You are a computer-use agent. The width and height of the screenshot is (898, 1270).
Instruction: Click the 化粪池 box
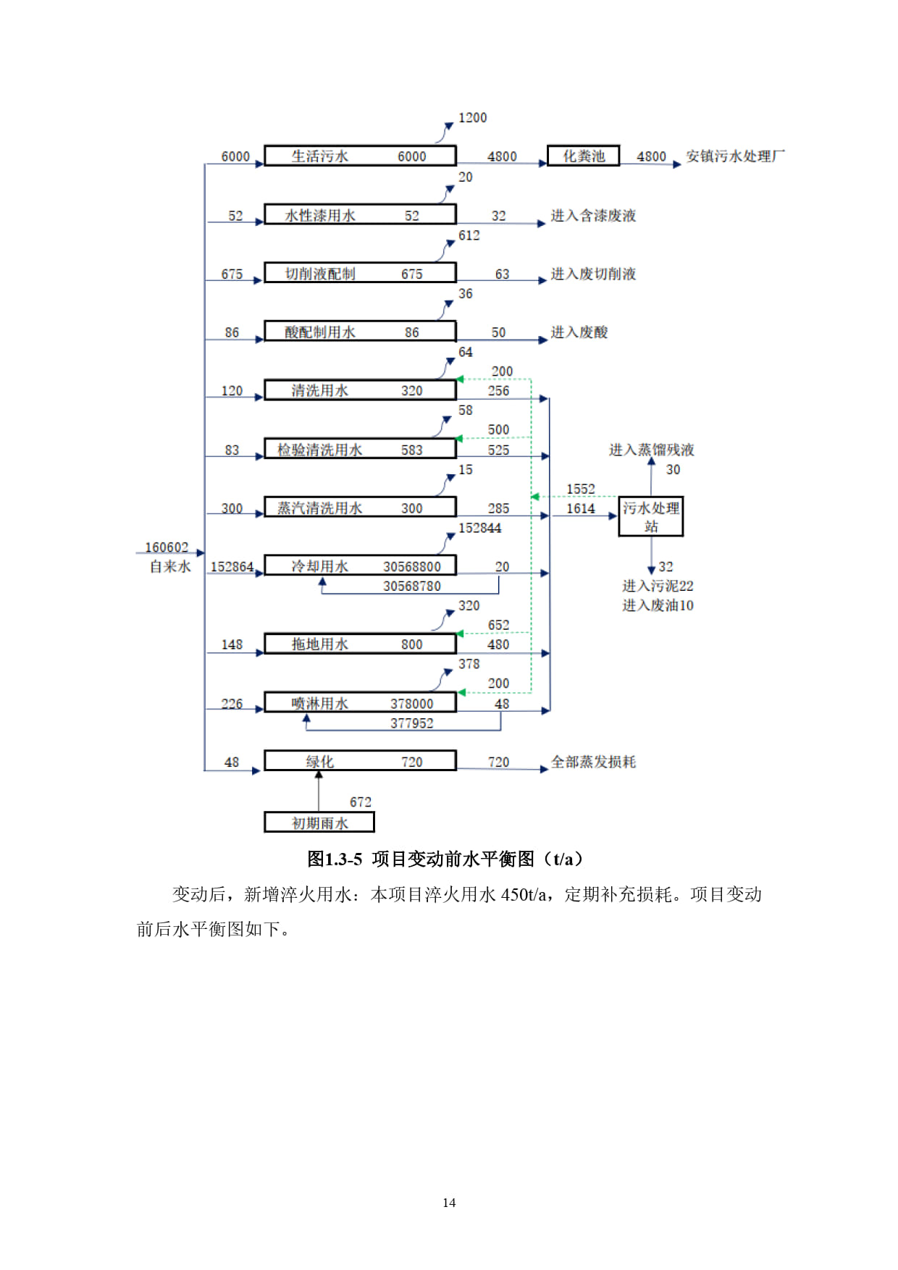pyautogui.click(x=584, y=156)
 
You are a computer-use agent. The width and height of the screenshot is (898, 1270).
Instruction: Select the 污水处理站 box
pyautogui.click(x=651, y=516)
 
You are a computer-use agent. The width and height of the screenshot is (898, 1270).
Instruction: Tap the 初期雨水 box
pyautogui.click(x=319, y=823)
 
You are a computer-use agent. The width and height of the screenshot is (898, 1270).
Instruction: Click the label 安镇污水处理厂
pyautogui.click(x=735, y=156)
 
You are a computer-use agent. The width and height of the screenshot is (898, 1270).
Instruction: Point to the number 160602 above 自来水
pyautogui.click(x=167, y=547)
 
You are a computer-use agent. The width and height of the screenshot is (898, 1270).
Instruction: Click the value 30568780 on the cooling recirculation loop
pyautogui.click(x=412, y=586)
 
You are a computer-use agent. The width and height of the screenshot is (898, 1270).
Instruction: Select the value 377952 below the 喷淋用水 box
pyautogui.click(x=412, y=723)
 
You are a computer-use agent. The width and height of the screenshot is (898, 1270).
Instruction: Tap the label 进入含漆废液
pyautogui.click(x=593, y=215)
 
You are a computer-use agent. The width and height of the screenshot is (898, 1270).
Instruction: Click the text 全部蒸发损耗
pyautogui.click(x=593, y=762)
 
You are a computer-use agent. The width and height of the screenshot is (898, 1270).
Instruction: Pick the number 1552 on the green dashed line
pyautogui.click(x=581, y=489)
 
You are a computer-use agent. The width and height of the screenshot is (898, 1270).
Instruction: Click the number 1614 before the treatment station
pyautogui.click(x=581, y=508)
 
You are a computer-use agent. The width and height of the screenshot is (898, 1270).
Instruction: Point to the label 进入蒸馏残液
pyautogui.click(x=652, y=450)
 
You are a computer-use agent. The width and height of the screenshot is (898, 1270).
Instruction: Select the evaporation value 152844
pyautogui.click(x=479, y=528)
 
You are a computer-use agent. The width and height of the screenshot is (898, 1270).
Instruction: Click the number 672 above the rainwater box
pyautogui.click(x=361, y=802)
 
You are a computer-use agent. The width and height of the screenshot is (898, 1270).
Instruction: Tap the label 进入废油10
pyautogui.click(x=658, y=605)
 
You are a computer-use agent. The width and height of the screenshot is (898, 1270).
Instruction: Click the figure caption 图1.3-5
pyautogui.click(x=335, y=859)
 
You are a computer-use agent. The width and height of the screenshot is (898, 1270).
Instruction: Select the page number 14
pyautogui.click(x=449, y=1203)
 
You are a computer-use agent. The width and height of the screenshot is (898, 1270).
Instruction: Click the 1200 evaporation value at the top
pyautogui.click(x=472, y=117)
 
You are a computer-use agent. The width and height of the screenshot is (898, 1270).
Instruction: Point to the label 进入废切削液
pyautogui.click(x=593, y=274)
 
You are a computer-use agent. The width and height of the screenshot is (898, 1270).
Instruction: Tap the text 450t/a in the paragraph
pyautogui.click(x=524, y=895)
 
